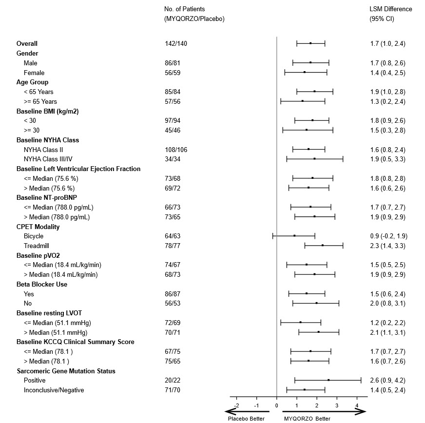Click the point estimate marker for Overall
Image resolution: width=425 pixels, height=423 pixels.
tap(310, 43)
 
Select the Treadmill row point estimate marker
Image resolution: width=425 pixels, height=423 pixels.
tap(323, 246)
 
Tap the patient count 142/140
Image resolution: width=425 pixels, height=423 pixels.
tap(176, 44)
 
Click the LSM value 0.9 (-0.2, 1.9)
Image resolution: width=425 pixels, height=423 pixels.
tap(388, 236)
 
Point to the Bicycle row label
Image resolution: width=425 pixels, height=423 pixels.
tap(34, 236)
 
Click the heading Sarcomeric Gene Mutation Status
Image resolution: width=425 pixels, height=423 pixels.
tap(66, 371)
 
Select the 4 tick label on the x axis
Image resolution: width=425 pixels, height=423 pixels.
tap(357, 405)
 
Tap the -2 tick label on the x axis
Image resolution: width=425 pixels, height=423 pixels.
tap(236, 405)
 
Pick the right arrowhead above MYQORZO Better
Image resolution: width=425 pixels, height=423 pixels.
tap(361, 412)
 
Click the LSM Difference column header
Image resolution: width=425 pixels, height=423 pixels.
tap(390, 9)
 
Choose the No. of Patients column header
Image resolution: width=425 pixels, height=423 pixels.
tap(185, 9)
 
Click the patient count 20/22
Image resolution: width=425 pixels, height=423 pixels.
tap(173, 381)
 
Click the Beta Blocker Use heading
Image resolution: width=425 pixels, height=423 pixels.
tap(42, 284)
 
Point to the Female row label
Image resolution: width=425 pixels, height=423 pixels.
tap(33, 72)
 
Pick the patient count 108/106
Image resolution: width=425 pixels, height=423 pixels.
tap(176, 149)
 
